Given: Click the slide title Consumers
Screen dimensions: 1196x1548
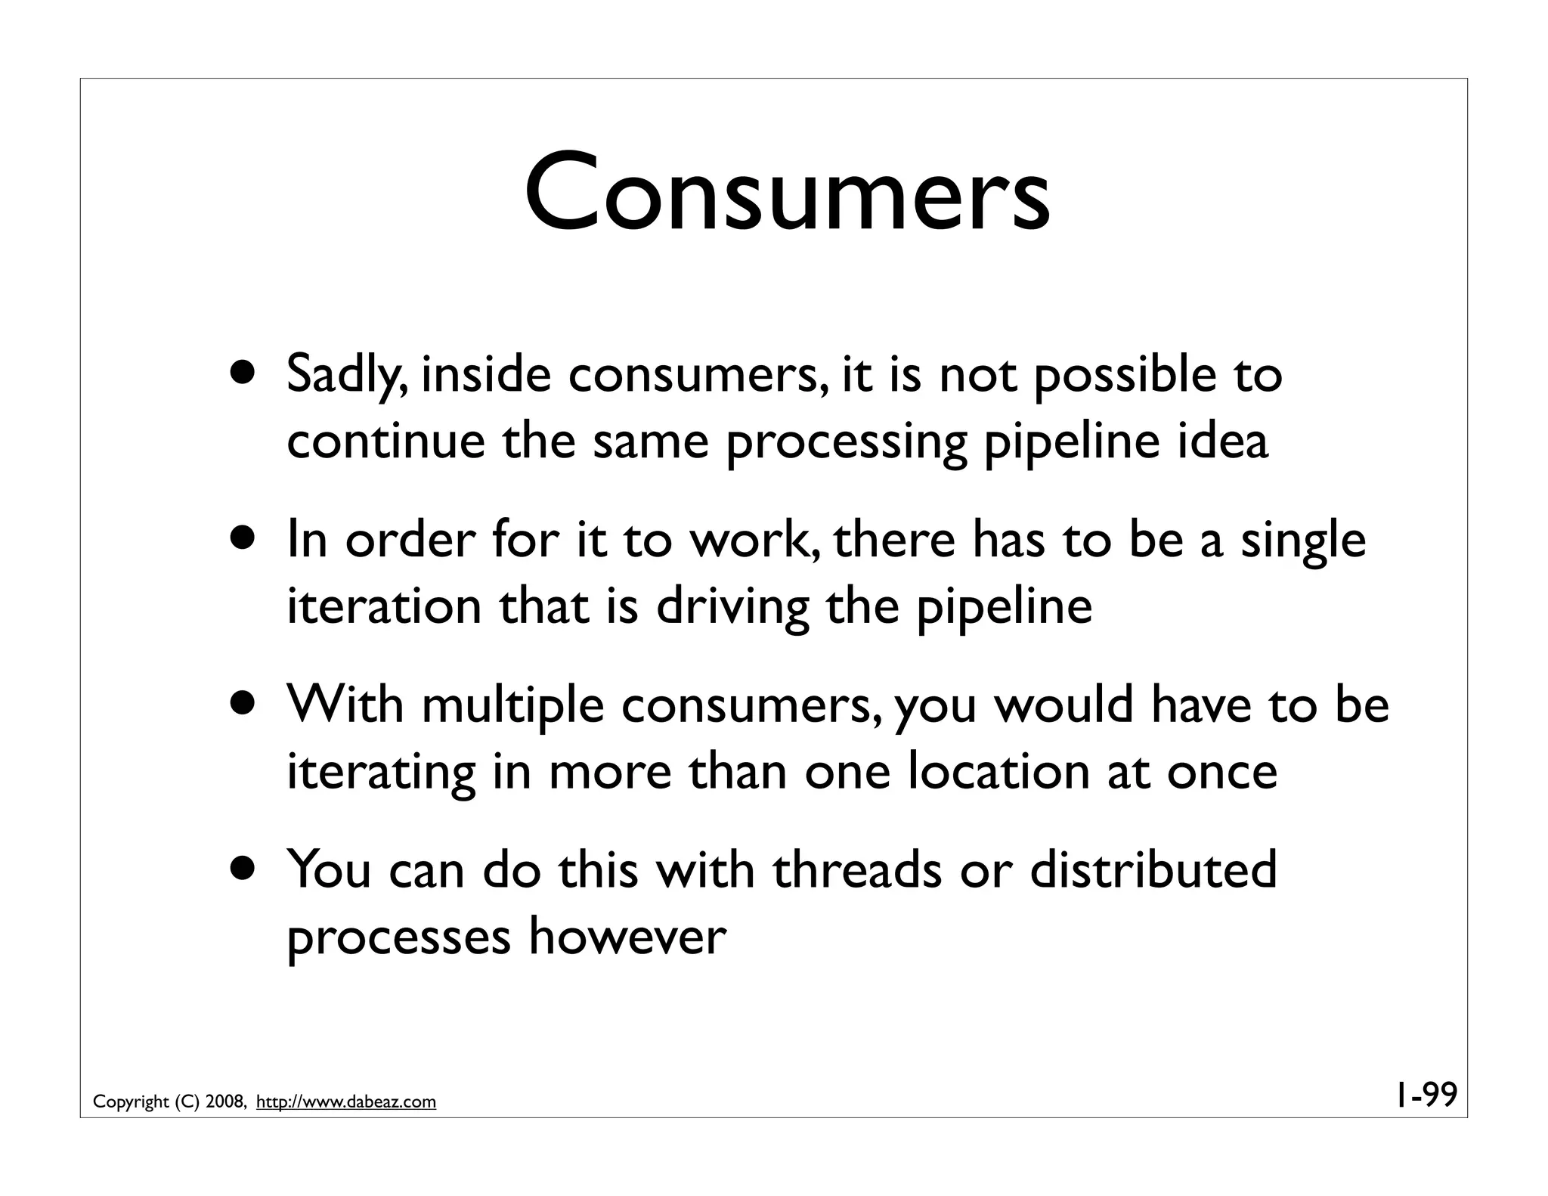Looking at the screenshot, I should (787, 194).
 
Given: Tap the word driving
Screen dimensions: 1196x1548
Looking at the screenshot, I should (732, 607).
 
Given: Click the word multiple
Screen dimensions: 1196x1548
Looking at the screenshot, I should (512, 706).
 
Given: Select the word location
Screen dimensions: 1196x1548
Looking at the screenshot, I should (998, 772).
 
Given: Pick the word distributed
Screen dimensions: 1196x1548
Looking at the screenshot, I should (1153, 870).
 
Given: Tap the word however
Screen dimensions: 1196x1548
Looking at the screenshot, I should (627, 937).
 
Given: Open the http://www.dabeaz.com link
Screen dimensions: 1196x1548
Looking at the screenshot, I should (346, 1102).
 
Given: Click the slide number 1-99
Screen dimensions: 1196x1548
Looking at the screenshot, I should (1426, 1095).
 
